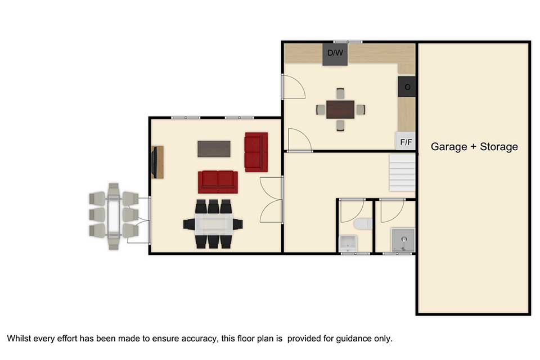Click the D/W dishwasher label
(335, 53)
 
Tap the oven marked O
(407, 87)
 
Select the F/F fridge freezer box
(406, 141)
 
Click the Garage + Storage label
(474, 147)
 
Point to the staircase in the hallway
(402, 173)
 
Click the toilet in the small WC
(363, 224)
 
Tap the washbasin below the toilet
(348, 243)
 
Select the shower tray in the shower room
(403, 240)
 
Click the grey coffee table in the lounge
(214, 149)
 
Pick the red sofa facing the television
(218, 182)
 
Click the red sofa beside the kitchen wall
(256, 152)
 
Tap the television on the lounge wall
(154, 162)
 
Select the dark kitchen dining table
(340, 110)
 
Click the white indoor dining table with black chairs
(214, 224)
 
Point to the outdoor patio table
(114, 215)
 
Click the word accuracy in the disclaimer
(199, 339)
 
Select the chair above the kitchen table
(340, 93)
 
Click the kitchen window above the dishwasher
(348, 42)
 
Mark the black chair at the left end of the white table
(189, 224)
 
